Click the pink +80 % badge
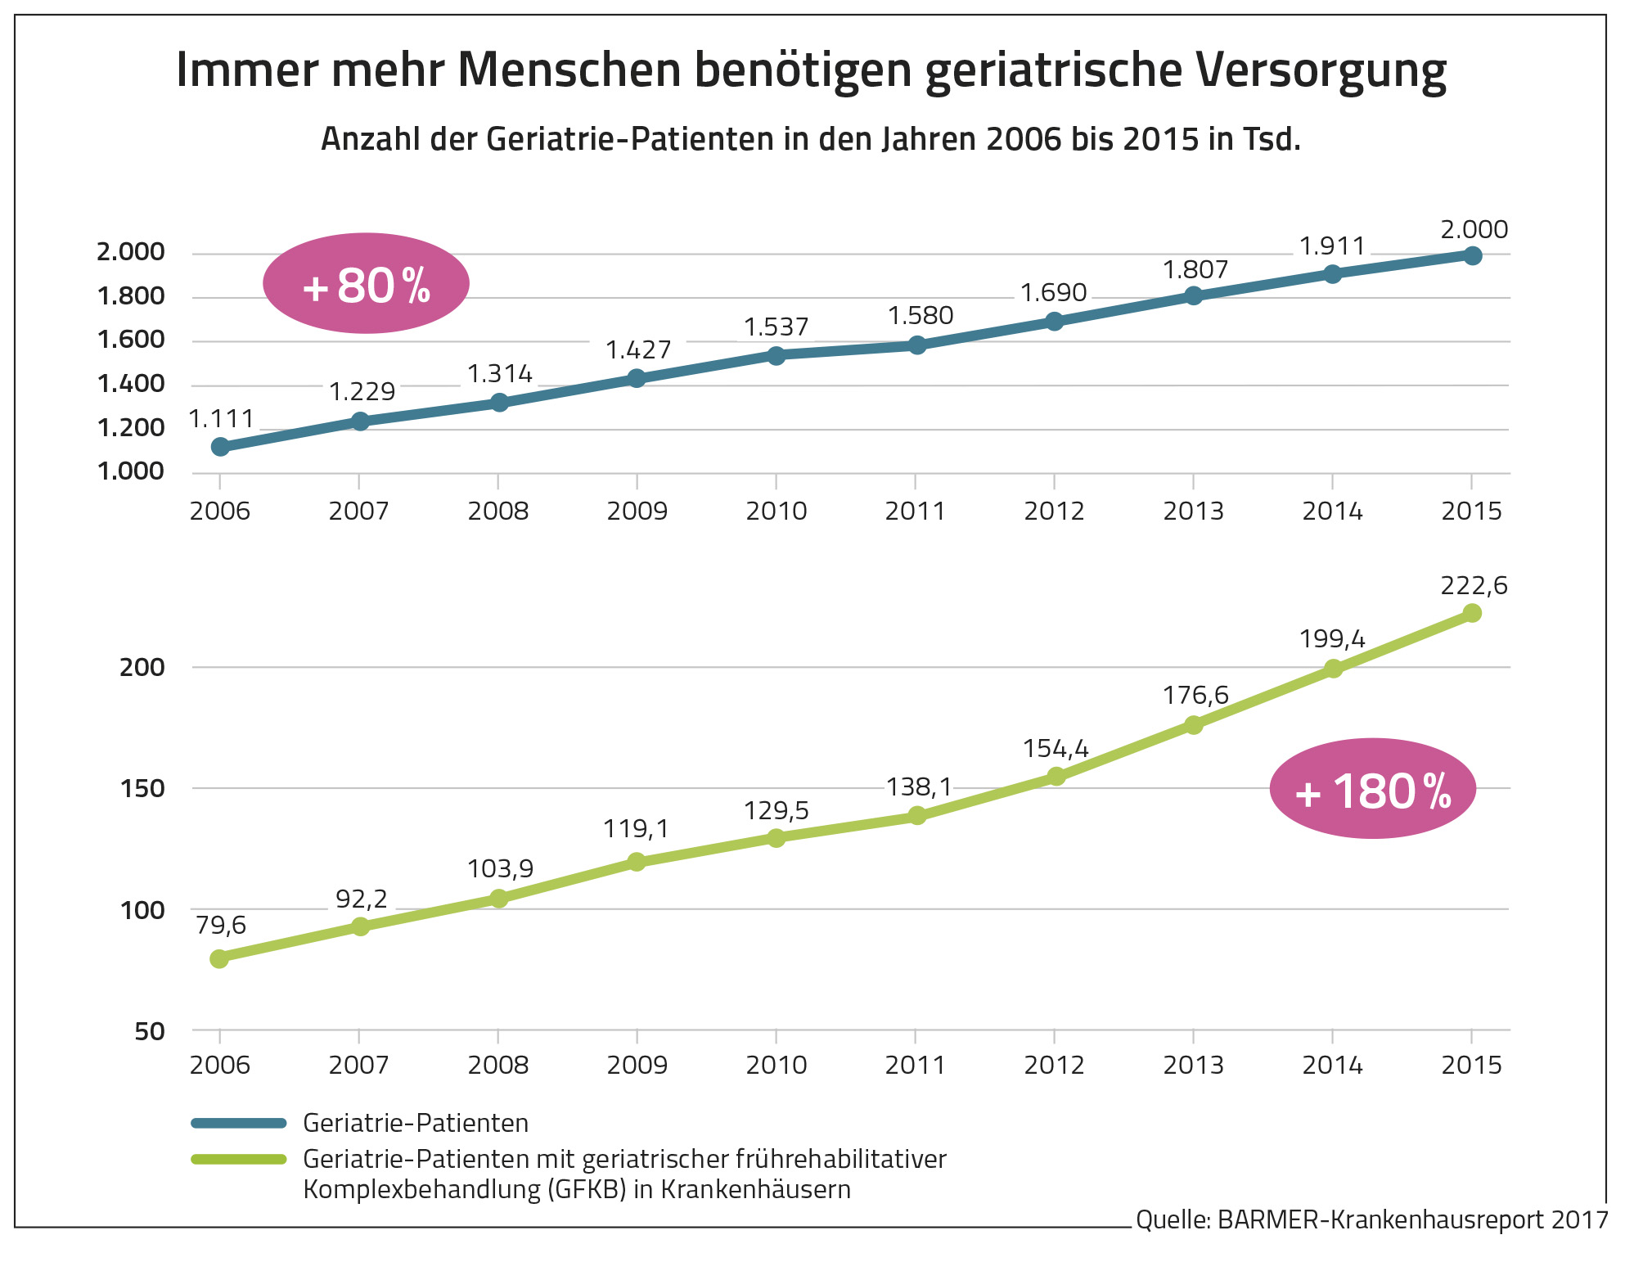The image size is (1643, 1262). [x=366, y=284]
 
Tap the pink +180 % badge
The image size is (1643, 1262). [x=1372, y=789]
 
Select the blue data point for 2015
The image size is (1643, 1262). [x=1472, y=256]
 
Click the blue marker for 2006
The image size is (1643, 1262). [x=220, y=446]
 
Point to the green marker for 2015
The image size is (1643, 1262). [x=1472, y=613]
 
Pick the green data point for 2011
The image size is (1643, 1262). [x=917, y=815]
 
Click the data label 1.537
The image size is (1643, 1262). [x=776, y=327]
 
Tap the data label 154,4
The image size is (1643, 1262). [x=1056, y=749]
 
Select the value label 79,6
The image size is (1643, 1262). [x=221, y=925]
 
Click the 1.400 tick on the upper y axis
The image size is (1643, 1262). [x=131, y=383]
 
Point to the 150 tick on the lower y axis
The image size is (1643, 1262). [x=142, y=788]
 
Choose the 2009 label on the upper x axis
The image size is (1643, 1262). [x=637, y=512]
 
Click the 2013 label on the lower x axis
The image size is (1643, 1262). [x=1194, y=1065]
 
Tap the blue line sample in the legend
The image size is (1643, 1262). [x=238, y=1123]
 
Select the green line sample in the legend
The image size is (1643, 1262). [x=238, y=1159]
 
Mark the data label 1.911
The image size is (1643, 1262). [x=1332, y=246]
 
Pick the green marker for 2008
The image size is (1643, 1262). [x=498, y=898]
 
